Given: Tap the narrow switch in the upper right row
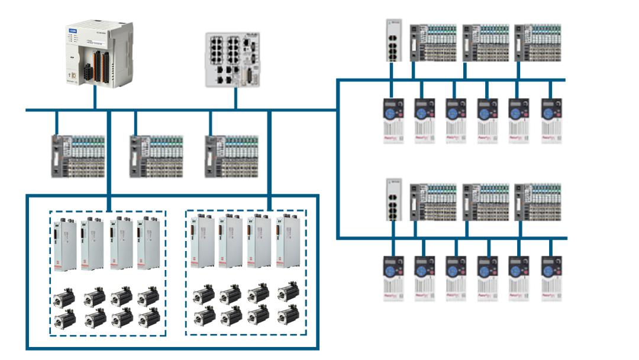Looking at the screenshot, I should click(x=393, y=40).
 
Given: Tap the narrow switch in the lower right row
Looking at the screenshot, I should click(x=393, y=199).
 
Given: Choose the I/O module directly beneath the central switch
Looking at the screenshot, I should click(x=231, y=156).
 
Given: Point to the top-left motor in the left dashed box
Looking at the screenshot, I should click(x=63, y=295).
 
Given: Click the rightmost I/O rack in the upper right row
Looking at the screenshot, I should click(x=538, y=42).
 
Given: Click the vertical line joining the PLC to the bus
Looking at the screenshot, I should click(x=95, y=98).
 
